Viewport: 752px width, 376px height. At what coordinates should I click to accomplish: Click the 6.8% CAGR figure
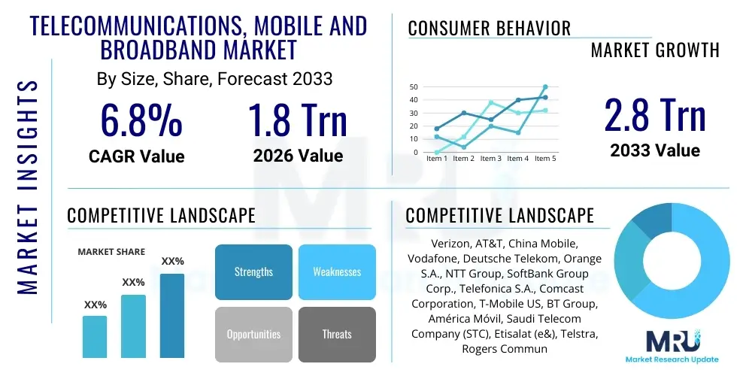click(x=141, y=120)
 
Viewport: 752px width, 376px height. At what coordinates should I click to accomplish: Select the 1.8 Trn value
click(x=298, y=120)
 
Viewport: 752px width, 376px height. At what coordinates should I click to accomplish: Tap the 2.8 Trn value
click(x=655, y=115)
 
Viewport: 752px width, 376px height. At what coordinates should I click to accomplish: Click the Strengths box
click(x=253, y=272)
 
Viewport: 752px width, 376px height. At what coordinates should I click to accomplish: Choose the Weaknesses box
click(x=337, y=272)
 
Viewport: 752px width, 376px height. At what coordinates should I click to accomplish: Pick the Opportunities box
click(x=253, y=335)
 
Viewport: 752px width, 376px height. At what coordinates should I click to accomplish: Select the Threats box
click(x=337, y=335)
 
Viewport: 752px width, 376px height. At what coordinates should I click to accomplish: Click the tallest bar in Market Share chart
click(x=172, y=316)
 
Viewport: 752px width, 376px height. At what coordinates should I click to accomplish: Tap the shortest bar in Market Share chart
click(x=95, y=336)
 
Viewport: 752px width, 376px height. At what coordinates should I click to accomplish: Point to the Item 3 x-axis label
click(x=490, y=159)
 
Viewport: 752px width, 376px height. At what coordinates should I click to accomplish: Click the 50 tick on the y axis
click(x=413, y=87)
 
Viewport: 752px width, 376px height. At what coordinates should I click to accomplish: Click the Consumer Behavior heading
click(x=490, y=29)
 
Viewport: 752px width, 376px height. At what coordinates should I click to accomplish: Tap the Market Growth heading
click(x=654, y=50)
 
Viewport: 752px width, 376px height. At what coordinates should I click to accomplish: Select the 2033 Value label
click(x=655, y=150)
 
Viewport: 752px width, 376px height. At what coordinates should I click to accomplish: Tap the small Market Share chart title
click(x=111, y=252)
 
